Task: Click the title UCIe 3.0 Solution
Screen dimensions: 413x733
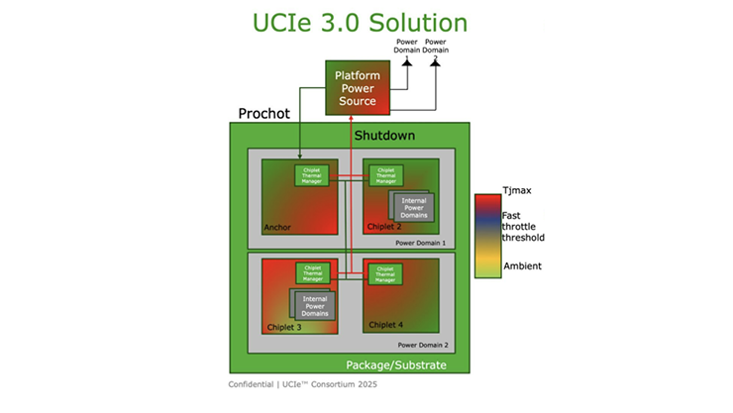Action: point(366,21)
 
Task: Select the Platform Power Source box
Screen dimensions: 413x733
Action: point(356,88)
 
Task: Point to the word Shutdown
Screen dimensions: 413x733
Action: point(384,135)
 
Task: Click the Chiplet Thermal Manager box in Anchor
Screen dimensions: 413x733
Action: point(313,175)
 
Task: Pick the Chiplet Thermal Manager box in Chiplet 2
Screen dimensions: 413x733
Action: point(386,175)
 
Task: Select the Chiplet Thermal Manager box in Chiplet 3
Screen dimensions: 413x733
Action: point(313,272)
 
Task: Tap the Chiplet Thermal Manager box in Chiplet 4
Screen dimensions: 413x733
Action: point(385,272)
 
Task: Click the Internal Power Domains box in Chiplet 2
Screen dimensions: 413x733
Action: point(414,206)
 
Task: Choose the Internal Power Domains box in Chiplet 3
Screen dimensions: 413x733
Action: point(313,304)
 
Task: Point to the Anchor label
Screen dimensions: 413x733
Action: point(277,227)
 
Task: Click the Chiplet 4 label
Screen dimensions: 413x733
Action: point(386,324)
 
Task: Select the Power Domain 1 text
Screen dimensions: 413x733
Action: point(420,242)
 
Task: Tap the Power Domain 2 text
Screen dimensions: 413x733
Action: point(422,345)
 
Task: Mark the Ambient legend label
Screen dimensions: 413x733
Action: point(522,266)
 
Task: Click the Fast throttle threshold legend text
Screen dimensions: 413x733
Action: point(523,227)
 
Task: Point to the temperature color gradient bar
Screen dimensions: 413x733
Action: point(486,236)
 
